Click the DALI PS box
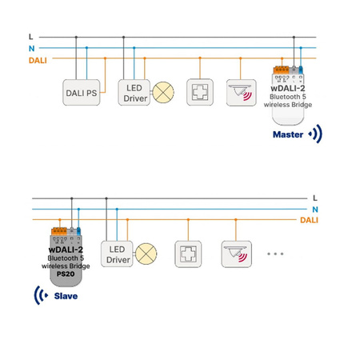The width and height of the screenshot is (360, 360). pyautogui.click(x=81, y=93)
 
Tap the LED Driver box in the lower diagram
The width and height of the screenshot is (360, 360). pyautogui.click(x=119, y=254)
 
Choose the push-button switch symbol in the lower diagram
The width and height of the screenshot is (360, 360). pyautogui.click(x=188, y=254)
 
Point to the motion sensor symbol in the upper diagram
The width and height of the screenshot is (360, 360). pyautogui.click(x=239, y=92)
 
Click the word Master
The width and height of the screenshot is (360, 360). pyautogui.click(x=288, y=135)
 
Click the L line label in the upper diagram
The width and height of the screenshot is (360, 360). pyautogui.click(x=30, y=37)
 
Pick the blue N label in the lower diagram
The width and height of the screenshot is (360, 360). pyautogui.click(x=315, y=208)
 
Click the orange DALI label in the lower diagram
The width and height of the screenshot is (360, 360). pyautogui.click(x=309, y=219)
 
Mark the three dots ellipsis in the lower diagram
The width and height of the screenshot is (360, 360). pyautogui.click(x=275, y=254)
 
